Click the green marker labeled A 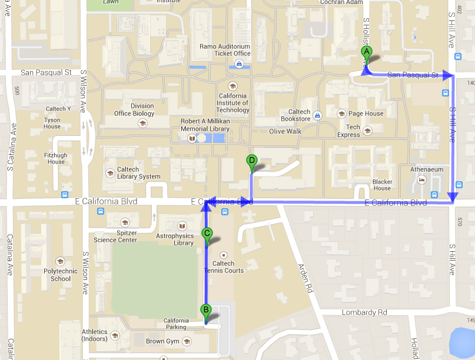click(366, 52)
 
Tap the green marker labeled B click(205, 310)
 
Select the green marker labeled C click(207, 234)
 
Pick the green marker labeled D click(252, 161)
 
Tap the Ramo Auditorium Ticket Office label click(224, 50)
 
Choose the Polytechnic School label click(60, 275)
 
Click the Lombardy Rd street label click(365, 312)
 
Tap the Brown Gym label click(162, 341)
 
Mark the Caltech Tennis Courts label click(223, 267)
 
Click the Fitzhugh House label click(57, 158)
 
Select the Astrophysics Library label click(175, 239)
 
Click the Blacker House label click(382, 185)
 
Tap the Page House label click(366, 114)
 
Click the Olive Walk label click(285, 131)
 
